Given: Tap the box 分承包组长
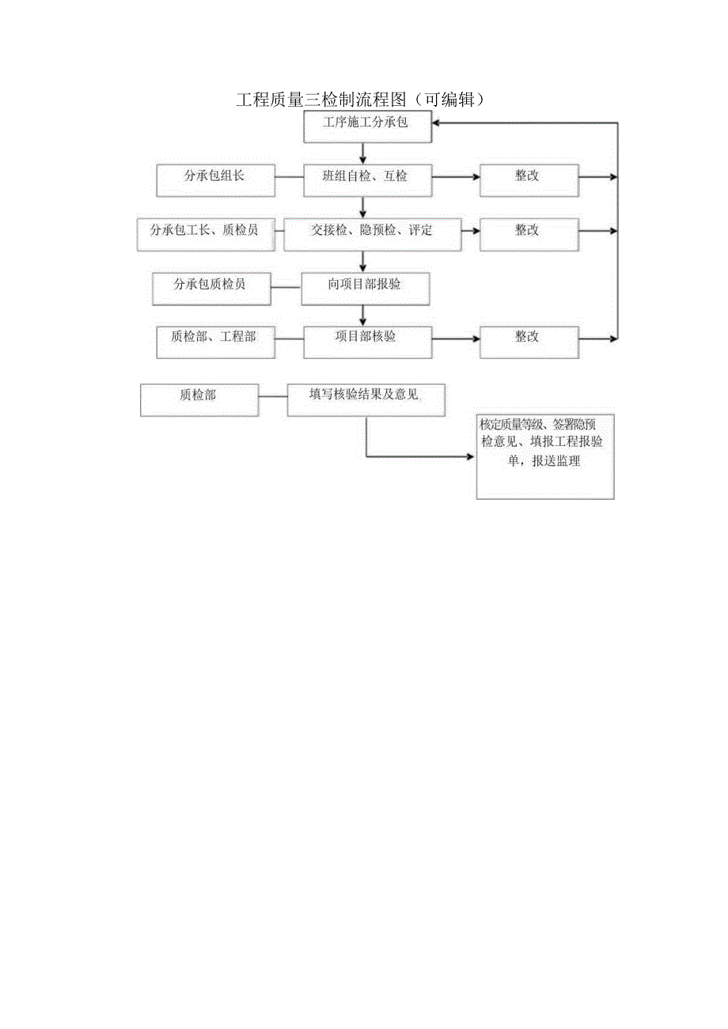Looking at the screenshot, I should (215, 180).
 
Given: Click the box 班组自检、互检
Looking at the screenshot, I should (368, 180).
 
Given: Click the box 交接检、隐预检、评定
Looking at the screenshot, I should (372, 234).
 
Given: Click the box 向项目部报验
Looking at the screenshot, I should (366, 289).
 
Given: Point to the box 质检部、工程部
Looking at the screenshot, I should (216, 342).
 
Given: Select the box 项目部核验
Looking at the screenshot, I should (368, 342).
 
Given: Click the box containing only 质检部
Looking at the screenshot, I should (199, 399).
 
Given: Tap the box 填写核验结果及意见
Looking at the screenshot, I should (366, 399).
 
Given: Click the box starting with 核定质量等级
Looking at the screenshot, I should (546, 456).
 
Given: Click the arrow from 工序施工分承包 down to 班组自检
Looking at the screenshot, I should (363, 153).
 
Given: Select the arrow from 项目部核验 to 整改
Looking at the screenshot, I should (457, 339).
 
